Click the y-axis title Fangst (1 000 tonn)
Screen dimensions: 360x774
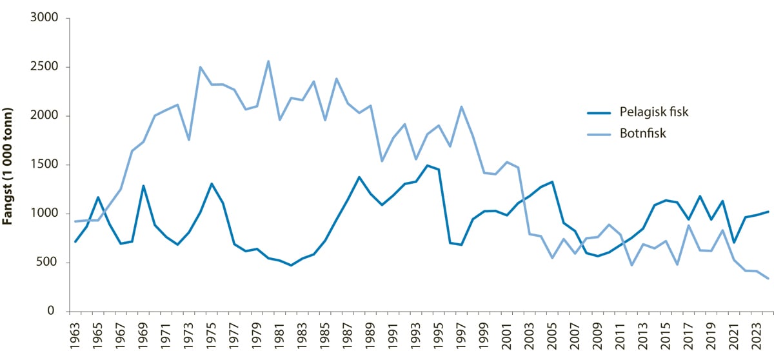9,166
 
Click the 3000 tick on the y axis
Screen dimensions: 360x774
45,18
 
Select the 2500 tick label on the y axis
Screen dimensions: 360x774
45,67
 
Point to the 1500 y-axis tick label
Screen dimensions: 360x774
45,165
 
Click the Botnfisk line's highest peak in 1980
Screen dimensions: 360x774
268,61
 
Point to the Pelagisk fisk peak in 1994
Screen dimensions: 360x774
427,165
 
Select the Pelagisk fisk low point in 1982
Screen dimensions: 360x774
291,265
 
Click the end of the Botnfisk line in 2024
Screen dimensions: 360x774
767,279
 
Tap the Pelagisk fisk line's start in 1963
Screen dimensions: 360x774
76,241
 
